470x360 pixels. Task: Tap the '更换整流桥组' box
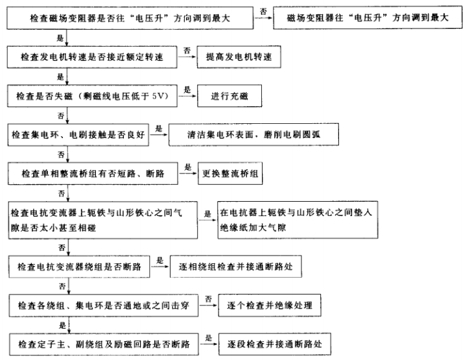[x=232, y=174]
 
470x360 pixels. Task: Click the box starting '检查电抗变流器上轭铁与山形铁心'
[x=103, y=219]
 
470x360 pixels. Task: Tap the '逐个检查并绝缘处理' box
[x=272, y=304]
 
